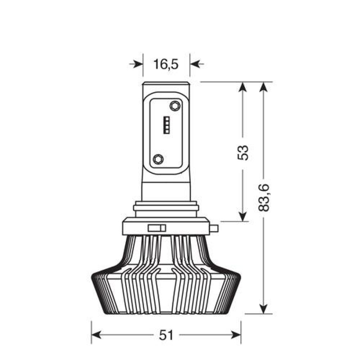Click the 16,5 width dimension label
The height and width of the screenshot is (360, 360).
coord(166,64)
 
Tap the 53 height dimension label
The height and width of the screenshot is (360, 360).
coord(243,153)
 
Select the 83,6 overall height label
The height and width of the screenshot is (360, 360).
coord(263,198)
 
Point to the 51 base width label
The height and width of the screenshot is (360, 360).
coord(166,336)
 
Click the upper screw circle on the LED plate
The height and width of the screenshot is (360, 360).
coord(175,106)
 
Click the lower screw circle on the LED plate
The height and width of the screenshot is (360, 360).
coord(158,159)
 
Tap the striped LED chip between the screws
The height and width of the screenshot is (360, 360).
coord(166,125)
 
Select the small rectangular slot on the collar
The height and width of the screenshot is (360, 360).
coord(157,228)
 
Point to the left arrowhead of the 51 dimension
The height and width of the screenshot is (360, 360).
coord(96,335)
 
